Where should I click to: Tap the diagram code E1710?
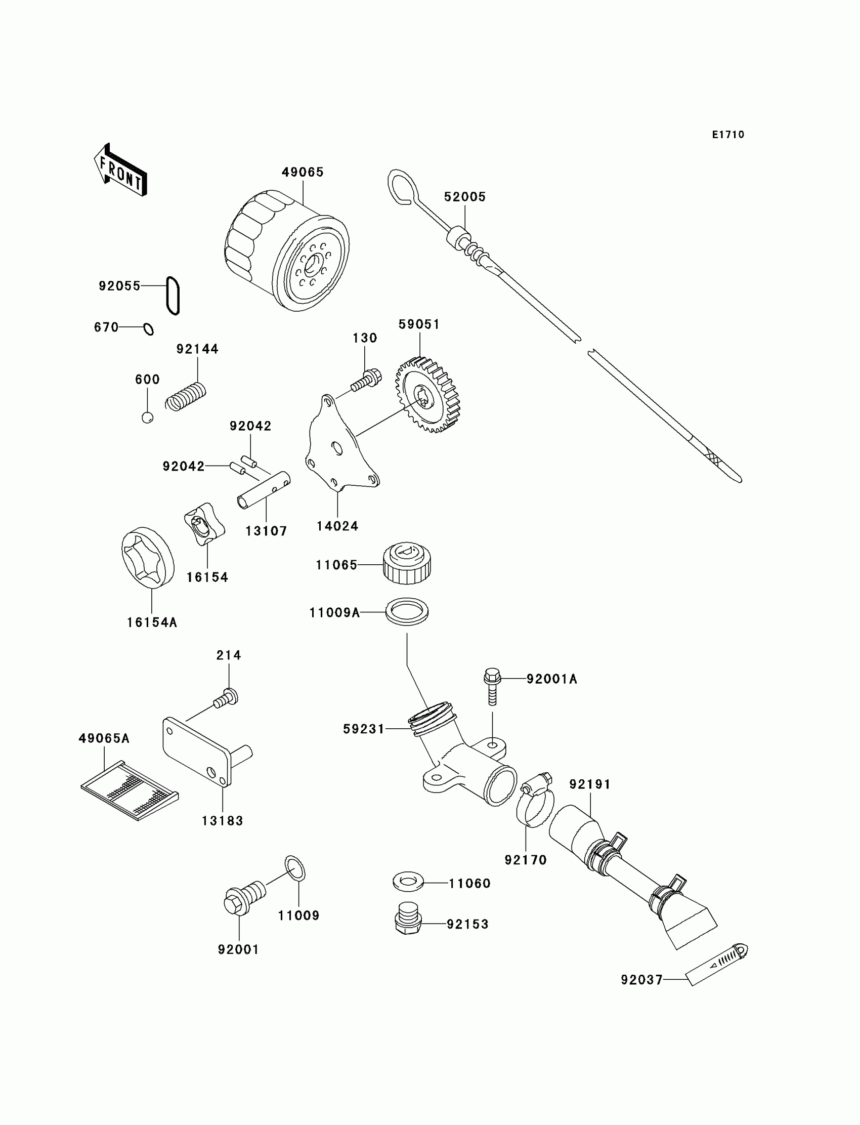click(x=728, y=135)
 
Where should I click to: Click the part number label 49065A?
click(x=104, y=738)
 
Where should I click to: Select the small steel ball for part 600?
click(x=147, y=418)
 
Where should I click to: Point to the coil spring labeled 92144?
click(x=185, y=397)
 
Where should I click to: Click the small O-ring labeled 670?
click(x=148, y=328)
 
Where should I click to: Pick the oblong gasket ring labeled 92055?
click(x=173, y=296)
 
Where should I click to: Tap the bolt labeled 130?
click(x=367, y=379)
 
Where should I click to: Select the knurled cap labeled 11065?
click(x=407, y=563)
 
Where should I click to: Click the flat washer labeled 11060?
click(x=407, y=881)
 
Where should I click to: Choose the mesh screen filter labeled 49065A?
click(x=130, y=791)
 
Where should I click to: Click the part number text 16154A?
click(x=152, y=622)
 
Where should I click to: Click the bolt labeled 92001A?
click(x=492, y=685)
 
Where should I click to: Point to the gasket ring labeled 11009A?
click(x=407, y=611)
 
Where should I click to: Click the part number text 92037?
click(x=642, y=980)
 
